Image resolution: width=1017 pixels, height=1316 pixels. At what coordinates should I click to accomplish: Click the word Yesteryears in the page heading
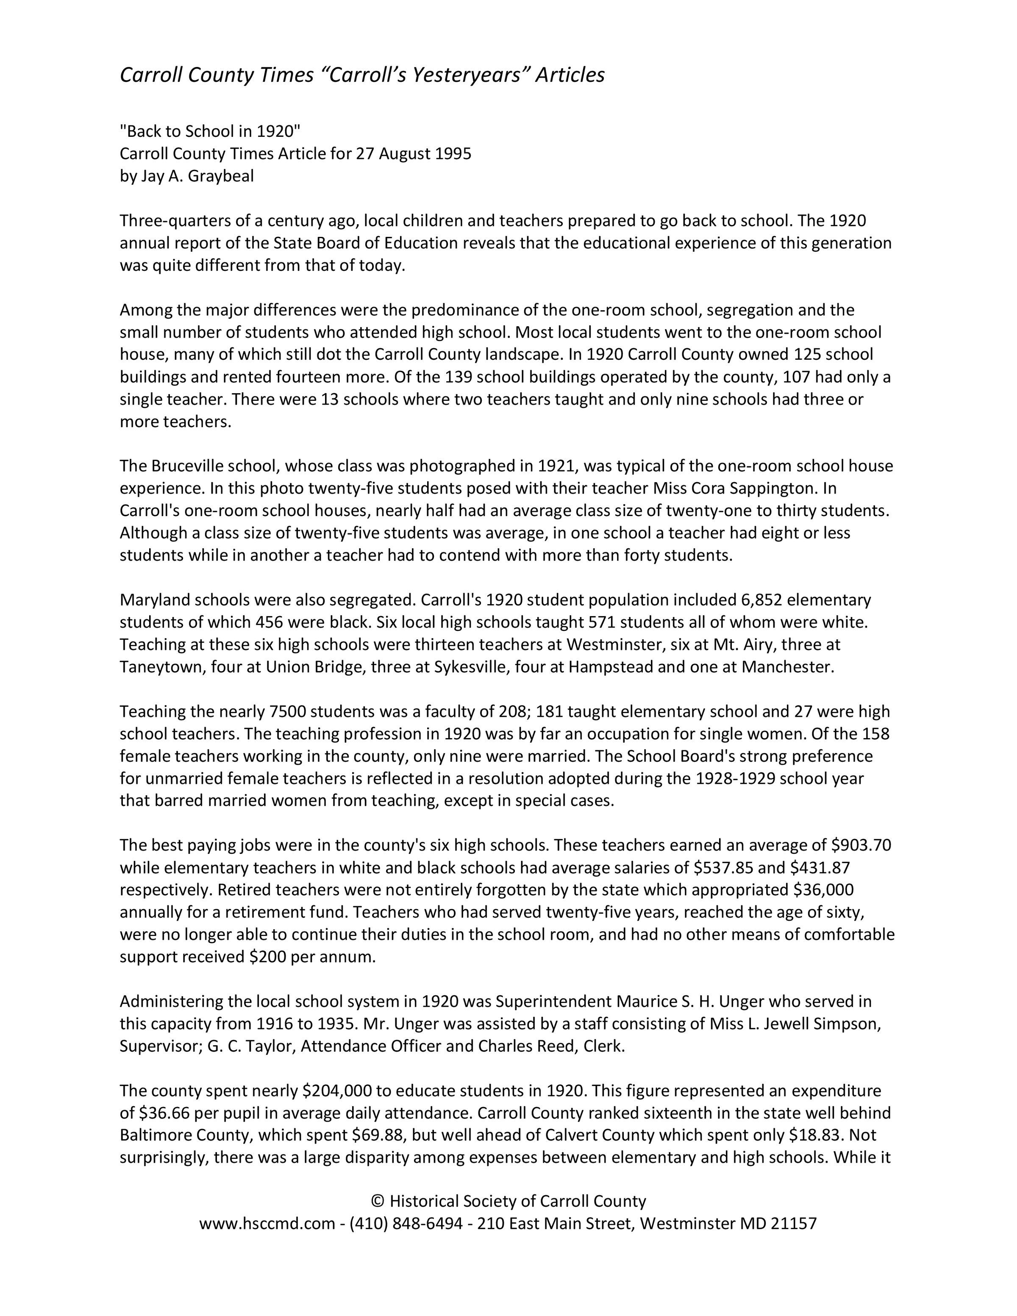point(454,75)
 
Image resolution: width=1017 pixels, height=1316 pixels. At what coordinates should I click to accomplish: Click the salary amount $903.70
point(861,845)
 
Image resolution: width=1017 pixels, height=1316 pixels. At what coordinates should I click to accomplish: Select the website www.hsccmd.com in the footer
point(267,1224)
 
